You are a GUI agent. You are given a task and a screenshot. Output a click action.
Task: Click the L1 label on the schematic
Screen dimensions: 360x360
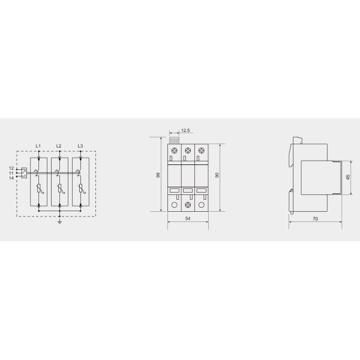pyautogui.click(x=38, y=146)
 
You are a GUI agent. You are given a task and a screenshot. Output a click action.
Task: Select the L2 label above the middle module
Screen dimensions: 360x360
pyautogui.click(x=59, y=146)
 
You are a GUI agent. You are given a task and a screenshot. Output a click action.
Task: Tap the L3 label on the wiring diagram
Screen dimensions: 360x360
pyautogui.click(x=80, y=146)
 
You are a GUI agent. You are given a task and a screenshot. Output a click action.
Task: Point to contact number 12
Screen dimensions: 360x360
pyautogui.click(x=11, y=169)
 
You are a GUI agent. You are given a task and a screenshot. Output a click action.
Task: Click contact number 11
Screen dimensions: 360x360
pyautogui.click(x=11, y=173)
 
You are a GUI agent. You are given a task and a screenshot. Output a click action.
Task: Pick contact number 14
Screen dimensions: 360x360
pyautogui.click(x=11, y=178)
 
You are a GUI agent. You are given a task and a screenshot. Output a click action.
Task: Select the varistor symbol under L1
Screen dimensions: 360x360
pyautogui.click(x=38, y=191)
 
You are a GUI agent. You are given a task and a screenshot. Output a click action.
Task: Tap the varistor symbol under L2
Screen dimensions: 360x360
pyautogui.click(x=59, y=191)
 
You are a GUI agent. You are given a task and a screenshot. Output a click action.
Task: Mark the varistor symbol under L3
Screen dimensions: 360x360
pyautogui.click(x=80, y=191)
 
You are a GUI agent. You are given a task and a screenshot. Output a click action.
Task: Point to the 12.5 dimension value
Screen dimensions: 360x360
pyautogui.click(x=185, y=130)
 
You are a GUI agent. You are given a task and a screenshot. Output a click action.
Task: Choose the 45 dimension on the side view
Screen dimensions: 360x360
pyautogui.click(x=347, y=177)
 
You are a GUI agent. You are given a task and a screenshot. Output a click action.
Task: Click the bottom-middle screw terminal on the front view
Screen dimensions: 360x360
pyautogui.click(x=188, y=205)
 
